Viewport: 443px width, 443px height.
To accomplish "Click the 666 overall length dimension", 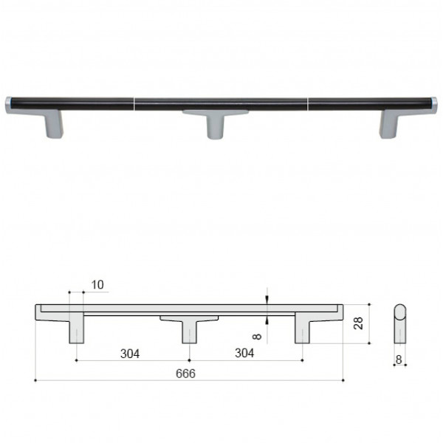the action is tap(185, 374).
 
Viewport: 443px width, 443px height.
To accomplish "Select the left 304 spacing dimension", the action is tap(130, 354).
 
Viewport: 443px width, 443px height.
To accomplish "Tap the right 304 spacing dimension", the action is tap(244, 353).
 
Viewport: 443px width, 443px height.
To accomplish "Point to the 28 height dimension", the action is tap(358, 323).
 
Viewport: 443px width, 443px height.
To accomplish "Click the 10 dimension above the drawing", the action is tap(97, 285).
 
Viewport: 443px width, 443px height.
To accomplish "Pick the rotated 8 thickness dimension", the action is tap(257, 336).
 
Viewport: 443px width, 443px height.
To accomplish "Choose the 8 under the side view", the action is tap(399, 360).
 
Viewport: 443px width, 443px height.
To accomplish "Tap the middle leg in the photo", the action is tap(216, 124).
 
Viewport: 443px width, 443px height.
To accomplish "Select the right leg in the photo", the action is tap(389, 124).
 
